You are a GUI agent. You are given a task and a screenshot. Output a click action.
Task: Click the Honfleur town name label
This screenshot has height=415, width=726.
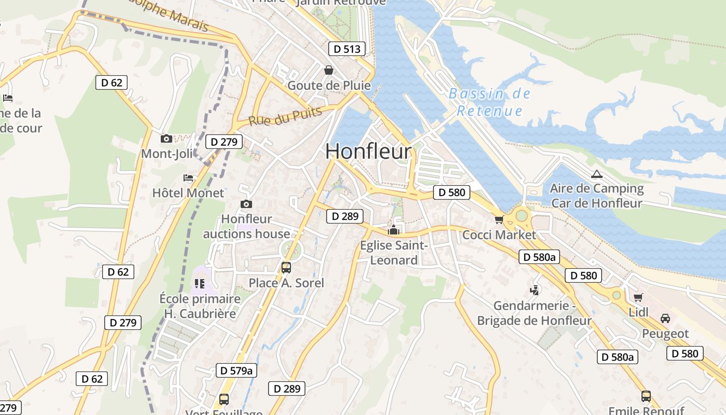(369, 151)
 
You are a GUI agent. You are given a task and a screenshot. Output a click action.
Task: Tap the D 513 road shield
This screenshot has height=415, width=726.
(347, 49)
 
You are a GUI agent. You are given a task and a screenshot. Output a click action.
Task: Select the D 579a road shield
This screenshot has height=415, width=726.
(236, 370)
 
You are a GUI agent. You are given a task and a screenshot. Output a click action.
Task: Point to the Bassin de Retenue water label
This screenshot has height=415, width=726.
(490, 102)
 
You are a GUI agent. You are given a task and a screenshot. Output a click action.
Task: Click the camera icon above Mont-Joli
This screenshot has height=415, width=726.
(166, 139)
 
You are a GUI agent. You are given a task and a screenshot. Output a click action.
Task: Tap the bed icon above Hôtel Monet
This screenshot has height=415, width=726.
(188, 178)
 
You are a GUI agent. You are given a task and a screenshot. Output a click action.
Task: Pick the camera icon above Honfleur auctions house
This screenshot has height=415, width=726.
(246, 204)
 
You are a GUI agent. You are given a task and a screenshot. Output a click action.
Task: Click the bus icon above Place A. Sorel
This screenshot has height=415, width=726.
(286, 268)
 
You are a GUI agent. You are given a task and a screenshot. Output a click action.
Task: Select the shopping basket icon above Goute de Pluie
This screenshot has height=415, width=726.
(329, 70)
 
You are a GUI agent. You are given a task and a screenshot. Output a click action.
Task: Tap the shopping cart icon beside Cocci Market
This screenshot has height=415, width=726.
(499, 220)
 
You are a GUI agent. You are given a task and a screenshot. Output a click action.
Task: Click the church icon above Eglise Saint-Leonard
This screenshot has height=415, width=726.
(394, 230)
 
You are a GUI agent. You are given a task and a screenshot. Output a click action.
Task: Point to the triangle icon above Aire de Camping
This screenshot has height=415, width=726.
(596, 174)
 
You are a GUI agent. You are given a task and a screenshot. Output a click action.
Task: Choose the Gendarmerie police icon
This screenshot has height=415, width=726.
(535, 290)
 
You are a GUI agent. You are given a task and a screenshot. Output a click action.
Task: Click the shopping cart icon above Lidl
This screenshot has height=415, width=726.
(638, 297)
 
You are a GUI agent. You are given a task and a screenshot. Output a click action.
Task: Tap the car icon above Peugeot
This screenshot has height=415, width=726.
(665, 319)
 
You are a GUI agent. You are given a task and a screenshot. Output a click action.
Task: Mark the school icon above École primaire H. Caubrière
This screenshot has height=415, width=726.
(200, 284)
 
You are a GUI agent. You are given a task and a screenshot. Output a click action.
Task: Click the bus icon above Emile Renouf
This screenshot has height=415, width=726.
(646, 396)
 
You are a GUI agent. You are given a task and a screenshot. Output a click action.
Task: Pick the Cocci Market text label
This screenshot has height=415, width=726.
(499, 235)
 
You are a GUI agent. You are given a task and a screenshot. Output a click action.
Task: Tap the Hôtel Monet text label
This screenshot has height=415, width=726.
(188, 193)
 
